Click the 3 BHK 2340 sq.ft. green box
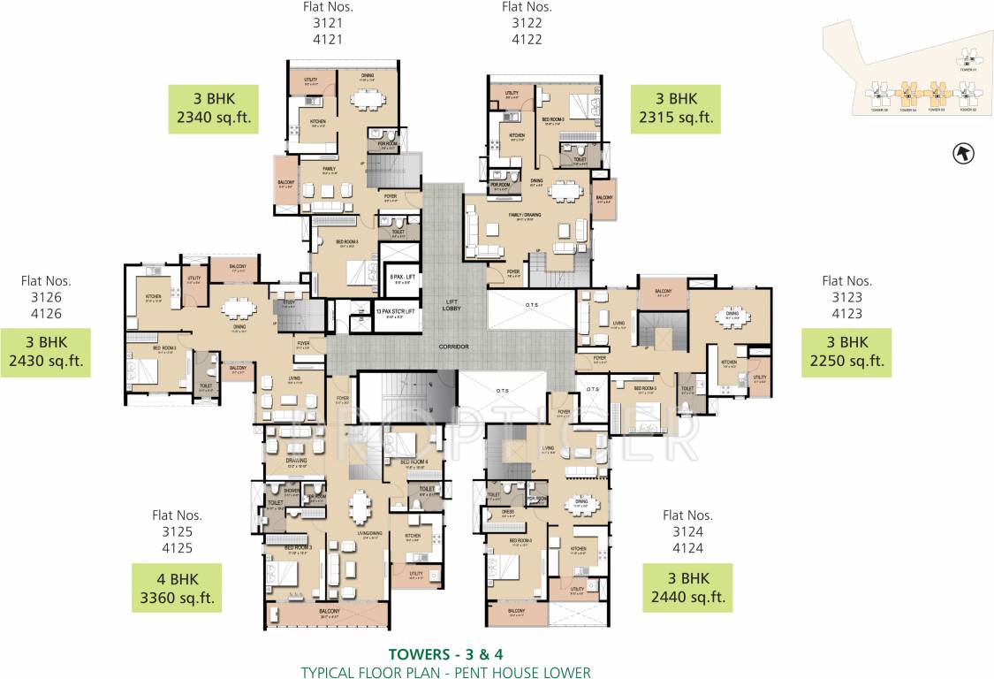213,109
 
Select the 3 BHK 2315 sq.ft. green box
676,108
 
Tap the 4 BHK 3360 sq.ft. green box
176,588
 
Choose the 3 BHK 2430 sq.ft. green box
46,352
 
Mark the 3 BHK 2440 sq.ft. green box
687,588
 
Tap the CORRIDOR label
452,347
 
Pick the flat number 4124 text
687,547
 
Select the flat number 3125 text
177,531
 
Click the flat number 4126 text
46,313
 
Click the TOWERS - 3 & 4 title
445,655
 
